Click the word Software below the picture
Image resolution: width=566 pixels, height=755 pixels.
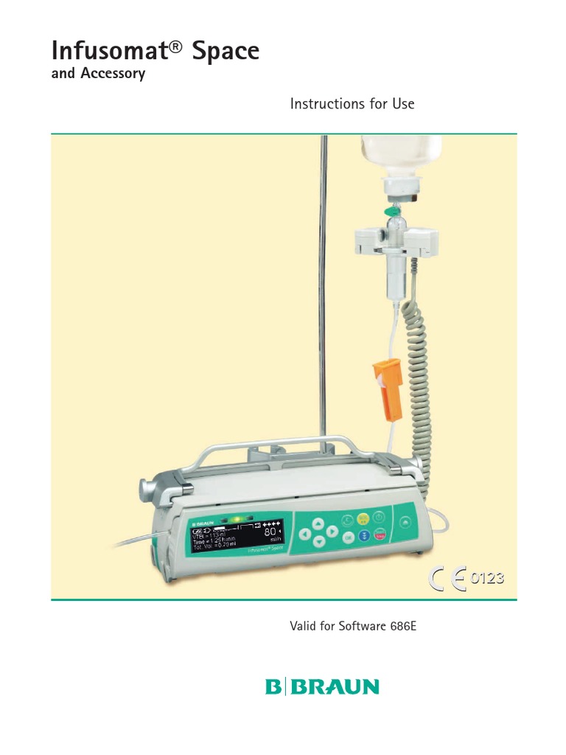point(353,627)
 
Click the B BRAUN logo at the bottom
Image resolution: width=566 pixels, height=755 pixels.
point(322,687)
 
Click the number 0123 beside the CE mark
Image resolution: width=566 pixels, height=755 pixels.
point(487,578)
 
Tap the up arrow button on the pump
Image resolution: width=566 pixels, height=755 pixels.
point(318,521)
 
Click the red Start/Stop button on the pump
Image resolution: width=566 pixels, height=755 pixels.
point(381,535)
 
